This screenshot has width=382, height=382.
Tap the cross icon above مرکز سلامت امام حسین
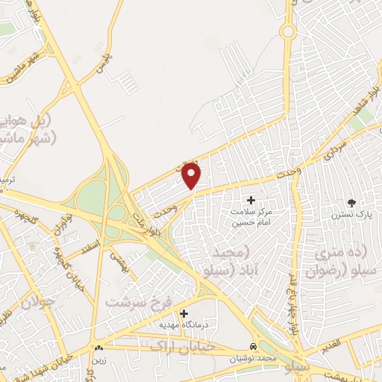click(x=251, y=200)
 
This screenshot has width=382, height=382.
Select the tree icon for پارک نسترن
click(x=351, y=203)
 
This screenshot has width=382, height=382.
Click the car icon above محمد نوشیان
click(x=254, y=347)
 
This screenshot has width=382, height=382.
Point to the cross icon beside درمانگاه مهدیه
click(x=184, y=314)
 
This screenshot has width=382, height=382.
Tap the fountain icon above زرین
click(x=98, y=347)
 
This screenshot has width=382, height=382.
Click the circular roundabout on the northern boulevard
click(x=288, y=31)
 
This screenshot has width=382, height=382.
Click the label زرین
click(x=98, y=358)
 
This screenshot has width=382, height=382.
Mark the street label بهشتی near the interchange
click(x=119, y=259)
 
